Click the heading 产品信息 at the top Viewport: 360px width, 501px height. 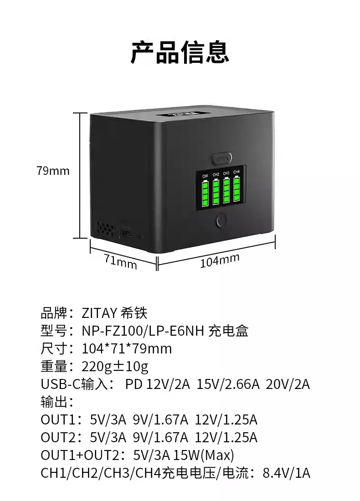pyautogui.click(x=180, y=51)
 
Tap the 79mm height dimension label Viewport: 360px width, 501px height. pyautogui.click(x=53, y=171)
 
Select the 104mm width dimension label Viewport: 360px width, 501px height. pyautogui.click(x=220, y=261)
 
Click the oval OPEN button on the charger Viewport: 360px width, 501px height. pyautogui.click(x=222, y=158)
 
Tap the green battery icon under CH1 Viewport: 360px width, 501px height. pyautogui.click(x=205, y=193)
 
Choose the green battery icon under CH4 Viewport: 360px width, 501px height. pyautogui.click(x=237, y=190)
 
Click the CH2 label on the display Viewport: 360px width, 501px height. pyautogui.click(x=216, y=174)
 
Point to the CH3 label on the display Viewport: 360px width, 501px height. pyautogui.click(x=226, y=173)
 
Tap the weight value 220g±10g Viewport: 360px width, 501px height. pyautogui.click(x=115, y=366)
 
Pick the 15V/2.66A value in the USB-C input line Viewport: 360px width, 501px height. pyautogui.click(x=228, y=384)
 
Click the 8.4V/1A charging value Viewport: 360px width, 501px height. pyautogui.click(x=287, y=473)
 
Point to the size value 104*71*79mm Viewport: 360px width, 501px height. pyautogui.click(x=127, y=349)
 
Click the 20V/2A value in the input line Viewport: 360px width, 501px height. pyautogui.click(x=288, y=384)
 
